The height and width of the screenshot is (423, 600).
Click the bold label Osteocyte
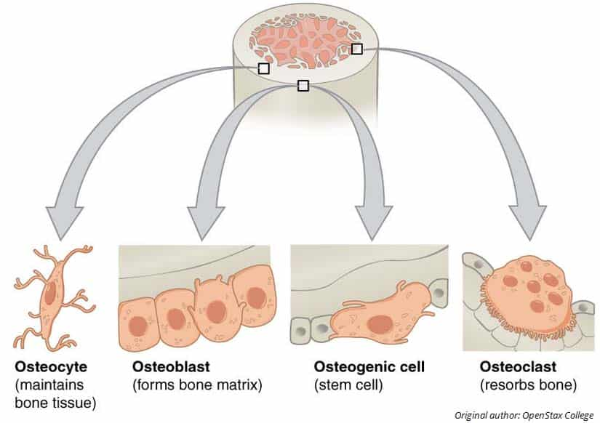click(42, 365)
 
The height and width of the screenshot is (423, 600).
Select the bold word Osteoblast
click(167, 365)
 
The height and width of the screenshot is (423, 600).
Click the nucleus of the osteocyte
click(49, 294)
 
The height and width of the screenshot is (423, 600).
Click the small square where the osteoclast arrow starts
click(356, 49)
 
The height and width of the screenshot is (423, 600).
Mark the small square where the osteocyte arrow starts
click(263, 68)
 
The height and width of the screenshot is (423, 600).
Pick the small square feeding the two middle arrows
click(303, 86)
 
